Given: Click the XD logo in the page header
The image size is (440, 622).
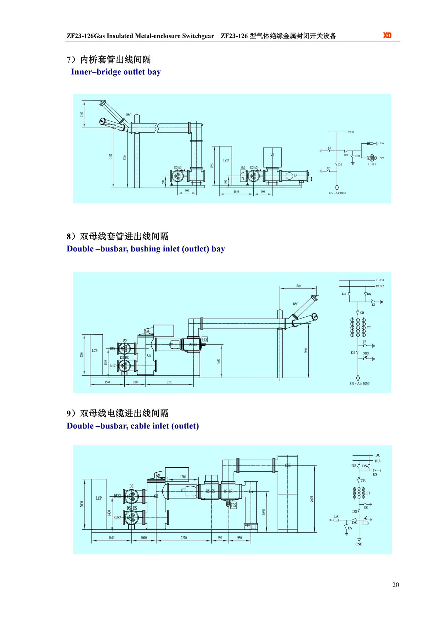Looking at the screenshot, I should coord(387,35).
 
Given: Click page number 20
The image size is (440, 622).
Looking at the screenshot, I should coord(395,585).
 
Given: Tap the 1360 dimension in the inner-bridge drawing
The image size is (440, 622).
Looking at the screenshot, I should coord(82,115).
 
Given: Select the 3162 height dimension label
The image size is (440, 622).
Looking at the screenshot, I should coord(110,156).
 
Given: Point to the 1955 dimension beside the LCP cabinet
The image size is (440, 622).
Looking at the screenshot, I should coord(212,166).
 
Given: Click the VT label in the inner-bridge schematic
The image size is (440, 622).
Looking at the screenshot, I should coord(382,158).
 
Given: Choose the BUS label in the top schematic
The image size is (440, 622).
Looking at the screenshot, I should coord(351,132).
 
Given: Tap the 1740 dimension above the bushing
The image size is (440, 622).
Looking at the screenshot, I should coord(298,286).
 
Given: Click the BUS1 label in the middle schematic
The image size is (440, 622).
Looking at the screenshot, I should coord(380,280).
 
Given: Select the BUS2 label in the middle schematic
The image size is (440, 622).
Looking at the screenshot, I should coord(380,286).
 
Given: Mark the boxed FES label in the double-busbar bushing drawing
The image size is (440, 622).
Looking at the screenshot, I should coord(205,339).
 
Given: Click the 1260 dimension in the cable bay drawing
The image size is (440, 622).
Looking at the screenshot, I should coord(183,477).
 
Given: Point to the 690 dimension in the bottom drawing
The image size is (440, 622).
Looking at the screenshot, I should coord(220,538).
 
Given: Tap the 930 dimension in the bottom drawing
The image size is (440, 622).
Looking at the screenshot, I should coord(239,538).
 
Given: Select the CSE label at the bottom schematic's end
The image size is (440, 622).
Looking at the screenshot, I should coord(359,544).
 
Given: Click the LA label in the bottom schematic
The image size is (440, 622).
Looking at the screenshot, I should coord(336,516).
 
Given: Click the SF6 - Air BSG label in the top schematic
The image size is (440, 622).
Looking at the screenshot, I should coord(337,193).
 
